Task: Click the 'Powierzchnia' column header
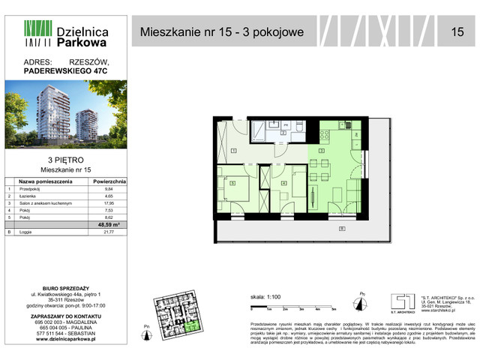pos(109,181)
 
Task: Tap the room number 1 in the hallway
pos(233,151)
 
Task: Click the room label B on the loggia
pos(342,229)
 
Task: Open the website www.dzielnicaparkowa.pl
pos(66,340)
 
